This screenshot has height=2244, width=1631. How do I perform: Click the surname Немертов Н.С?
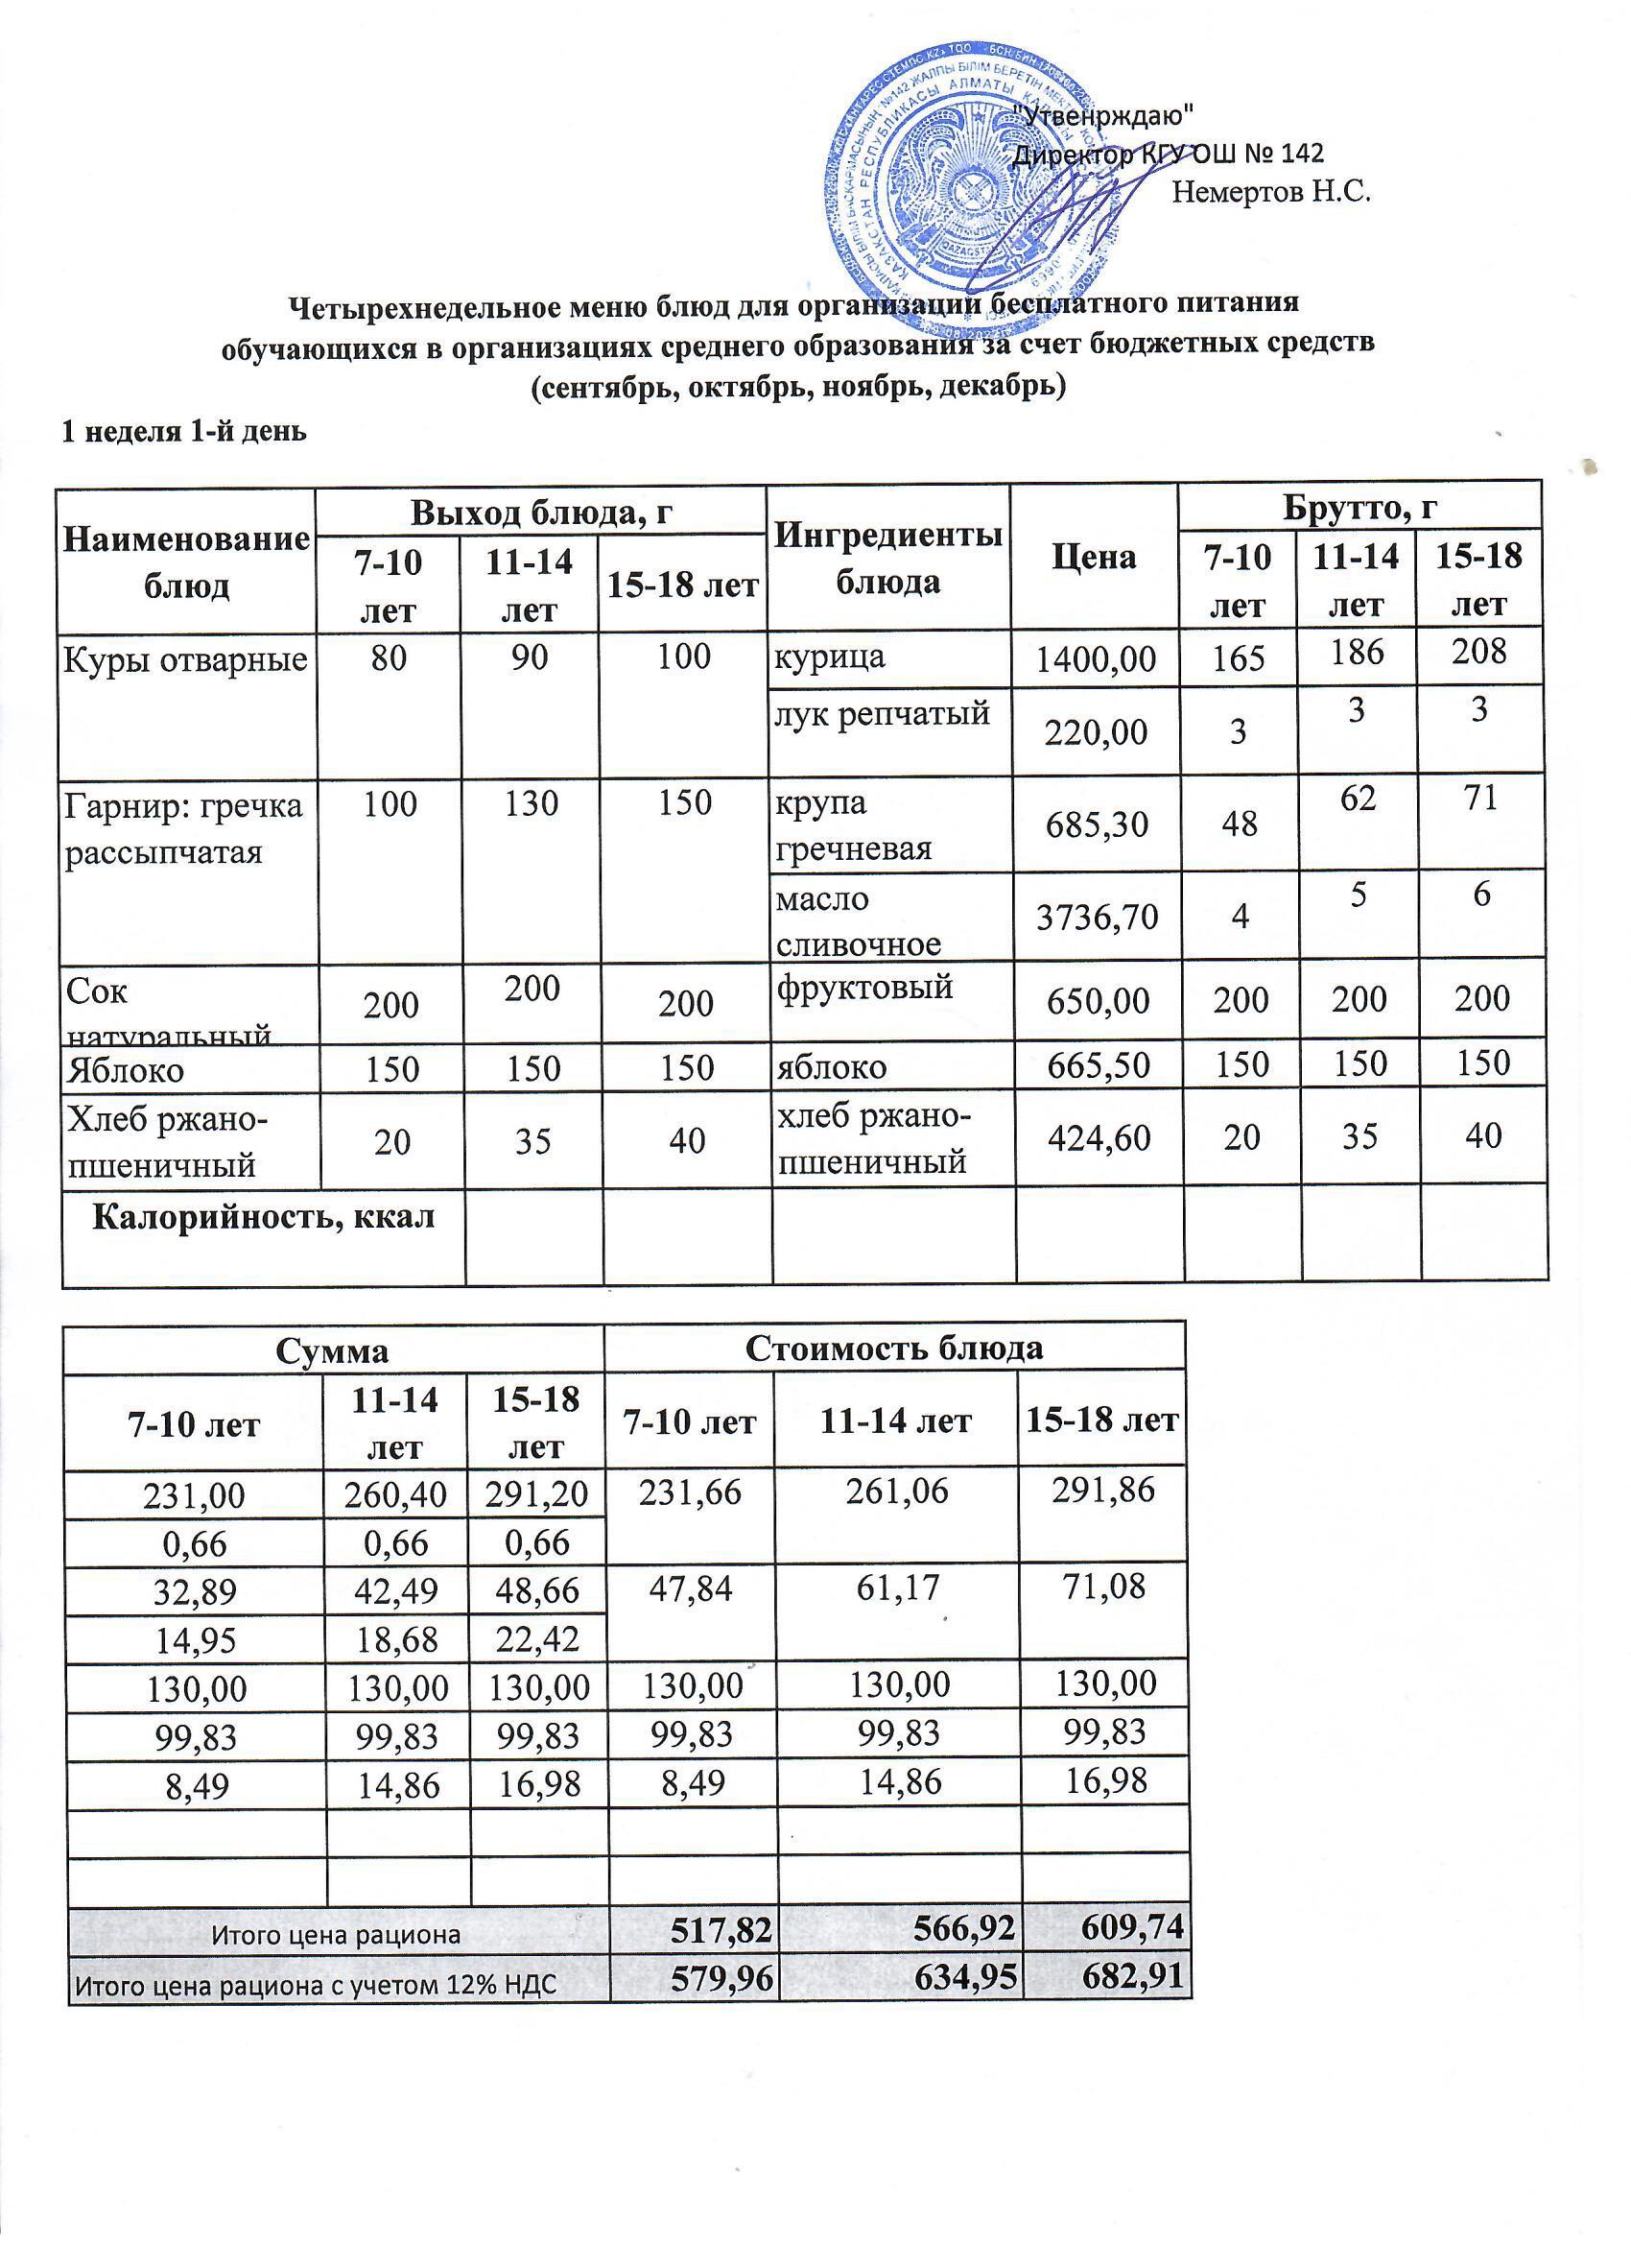1270,192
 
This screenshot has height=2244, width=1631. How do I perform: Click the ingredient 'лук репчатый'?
883,712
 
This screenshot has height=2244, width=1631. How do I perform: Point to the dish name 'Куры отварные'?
185,658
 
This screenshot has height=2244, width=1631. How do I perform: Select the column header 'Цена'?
1093,557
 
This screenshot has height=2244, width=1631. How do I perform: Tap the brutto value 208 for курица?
1478,651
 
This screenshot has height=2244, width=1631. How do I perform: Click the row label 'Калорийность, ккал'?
263,1217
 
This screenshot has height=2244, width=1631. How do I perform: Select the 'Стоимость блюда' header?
893,1349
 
